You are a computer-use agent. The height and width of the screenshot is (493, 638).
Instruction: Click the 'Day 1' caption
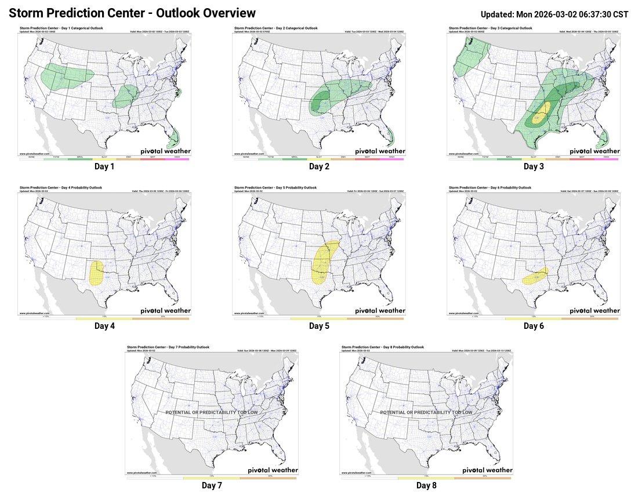pos(104,166)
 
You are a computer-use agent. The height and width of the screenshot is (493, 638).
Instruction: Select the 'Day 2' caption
pos(319,166)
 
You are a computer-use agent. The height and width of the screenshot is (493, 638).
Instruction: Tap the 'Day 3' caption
pos(534,166)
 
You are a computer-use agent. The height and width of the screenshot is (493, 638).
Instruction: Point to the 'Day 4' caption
pos(104,326)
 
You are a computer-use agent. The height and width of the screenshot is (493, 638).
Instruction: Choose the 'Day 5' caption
pos(319,326)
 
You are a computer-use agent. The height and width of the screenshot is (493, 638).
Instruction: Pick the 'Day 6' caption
pos(534,326)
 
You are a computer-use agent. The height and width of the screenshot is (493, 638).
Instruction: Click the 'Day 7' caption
pos(212,485)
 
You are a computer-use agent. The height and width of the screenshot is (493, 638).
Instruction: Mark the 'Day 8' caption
pos(426,485)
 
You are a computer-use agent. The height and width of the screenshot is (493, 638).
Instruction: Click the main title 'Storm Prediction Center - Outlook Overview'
pos(132,13)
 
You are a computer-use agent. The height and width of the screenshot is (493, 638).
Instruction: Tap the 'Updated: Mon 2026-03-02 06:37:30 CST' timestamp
pos(554,14)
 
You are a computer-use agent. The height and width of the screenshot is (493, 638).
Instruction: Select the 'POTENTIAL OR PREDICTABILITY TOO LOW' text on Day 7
pos(212,412)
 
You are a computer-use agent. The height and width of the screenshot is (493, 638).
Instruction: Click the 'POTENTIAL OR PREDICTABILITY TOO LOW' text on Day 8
pos(426,412)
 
